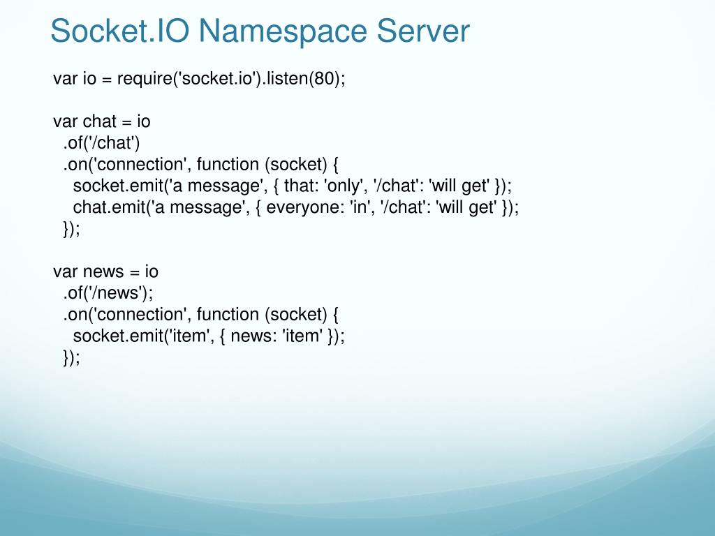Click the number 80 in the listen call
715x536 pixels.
tap(322, 78)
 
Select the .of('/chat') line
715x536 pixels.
tap(102, 143)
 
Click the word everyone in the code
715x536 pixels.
tap(306, 208)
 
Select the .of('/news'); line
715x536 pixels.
tap(108, 293)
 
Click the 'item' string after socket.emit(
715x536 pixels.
tap(197, 336)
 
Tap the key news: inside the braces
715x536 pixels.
tap(252, 336)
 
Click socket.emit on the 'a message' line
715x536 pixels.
tap(115, 186)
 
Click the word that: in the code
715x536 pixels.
tap(302, 186)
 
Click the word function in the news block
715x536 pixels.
tap(228, 315)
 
